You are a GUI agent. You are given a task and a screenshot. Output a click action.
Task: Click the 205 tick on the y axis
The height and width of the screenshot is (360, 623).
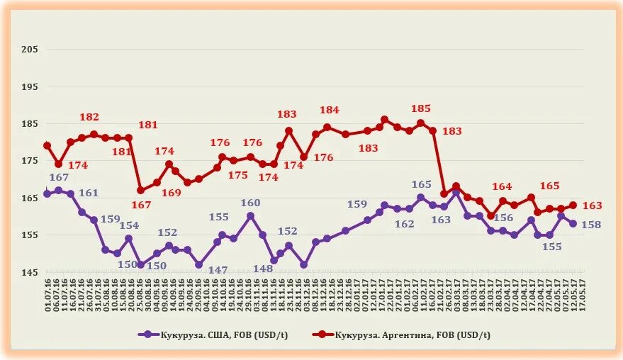coord(29,49)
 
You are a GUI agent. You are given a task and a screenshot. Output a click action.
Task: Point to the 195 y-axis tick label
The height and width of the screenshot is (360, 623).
coord(29,86)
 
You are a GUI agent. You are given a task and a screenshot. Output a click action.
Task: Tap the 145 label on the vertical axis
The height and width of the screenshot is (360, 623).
coord(29,273)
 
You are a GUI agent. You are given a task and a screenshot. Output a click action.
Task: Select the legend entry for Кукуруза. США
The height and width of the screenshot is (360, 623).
coord(206,334)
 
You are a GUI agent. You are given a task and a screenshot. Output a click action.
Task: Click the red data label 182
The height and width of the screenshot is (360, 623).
coord(89,117)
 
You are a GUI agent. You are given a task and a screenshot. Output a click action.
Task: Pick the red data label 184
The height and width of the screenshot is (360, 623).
coord(330,110)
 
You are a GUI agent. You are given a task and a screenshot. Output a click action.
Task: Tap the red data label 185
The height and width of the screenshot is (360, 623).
coord(421,108)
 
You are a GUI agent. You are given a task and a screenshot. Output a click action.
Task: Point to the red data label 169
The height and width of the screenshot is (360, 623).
coord(171,192)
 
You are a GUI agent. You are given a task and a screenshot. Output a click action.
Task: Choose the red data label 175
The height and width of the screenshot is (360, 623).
coord(238,175)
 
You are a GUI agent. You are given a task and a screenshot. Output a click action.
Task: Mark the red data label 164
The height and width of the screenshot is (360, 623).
coord(502,186)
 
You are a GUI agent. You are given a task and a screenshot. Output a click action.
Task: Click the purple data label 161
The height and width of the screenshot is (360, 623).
coord(89,193)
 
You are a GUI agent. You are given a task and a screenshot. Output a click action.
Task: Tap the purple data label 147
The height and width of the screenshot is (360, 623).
coord(218,270)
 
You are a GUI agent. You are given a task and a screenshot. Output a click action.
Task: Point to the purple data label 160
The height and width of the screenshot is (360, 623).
coord(251,203)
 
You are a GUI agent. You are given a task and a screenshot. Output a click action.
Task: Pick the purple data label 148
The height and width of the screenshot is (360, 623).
coord(263,269)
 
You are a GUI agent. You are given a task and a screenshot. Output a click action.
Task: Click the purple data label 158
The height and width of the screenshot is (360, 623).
coord(592,225)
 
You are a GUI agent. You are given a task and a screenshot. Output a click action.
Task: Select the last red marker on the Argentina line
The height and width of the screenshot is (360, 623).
coord(573,206)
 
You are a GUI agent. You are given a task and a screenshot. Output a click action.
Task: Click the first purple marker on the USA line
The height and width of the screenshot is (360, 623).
coord(47,193)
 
